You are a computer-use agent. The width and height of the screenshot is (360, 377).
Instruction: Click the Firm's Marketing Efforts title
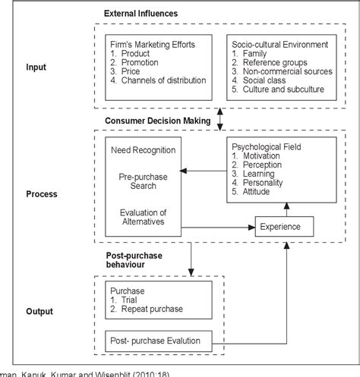coord(152,46)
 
